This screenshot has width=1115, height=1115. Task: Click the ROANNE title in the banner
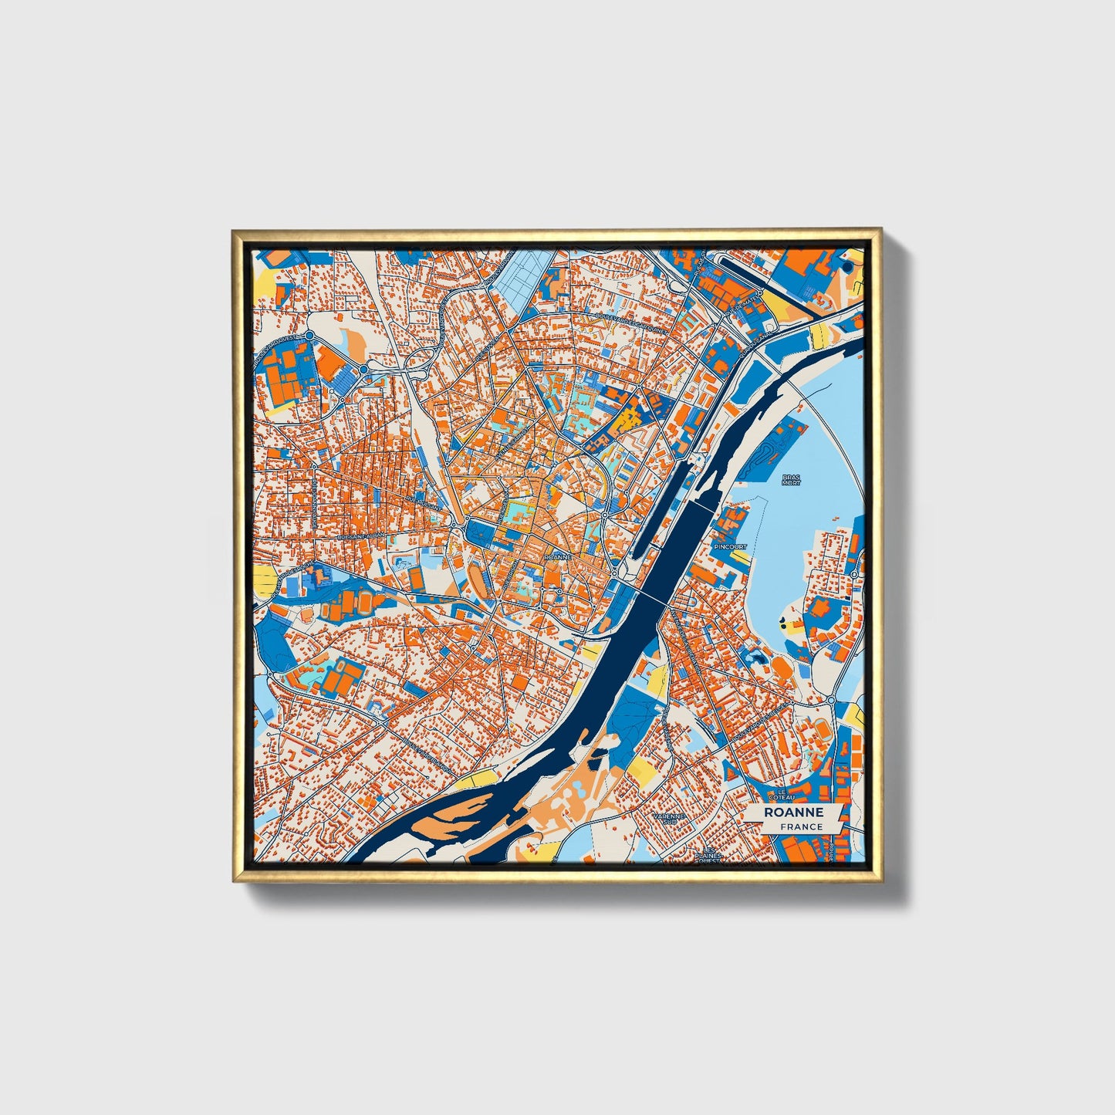[x=793, y=813]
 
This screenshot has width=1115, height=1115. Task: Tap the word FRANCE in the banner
[x=801, y=827]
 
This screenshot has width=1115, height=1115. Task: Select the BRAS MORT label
[x=792, y=480]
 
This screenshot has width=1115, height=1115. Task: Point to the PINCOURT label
[x=729, y=546]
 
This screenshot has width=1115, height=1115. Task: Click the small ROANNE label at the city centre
[x=557, y=556]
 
